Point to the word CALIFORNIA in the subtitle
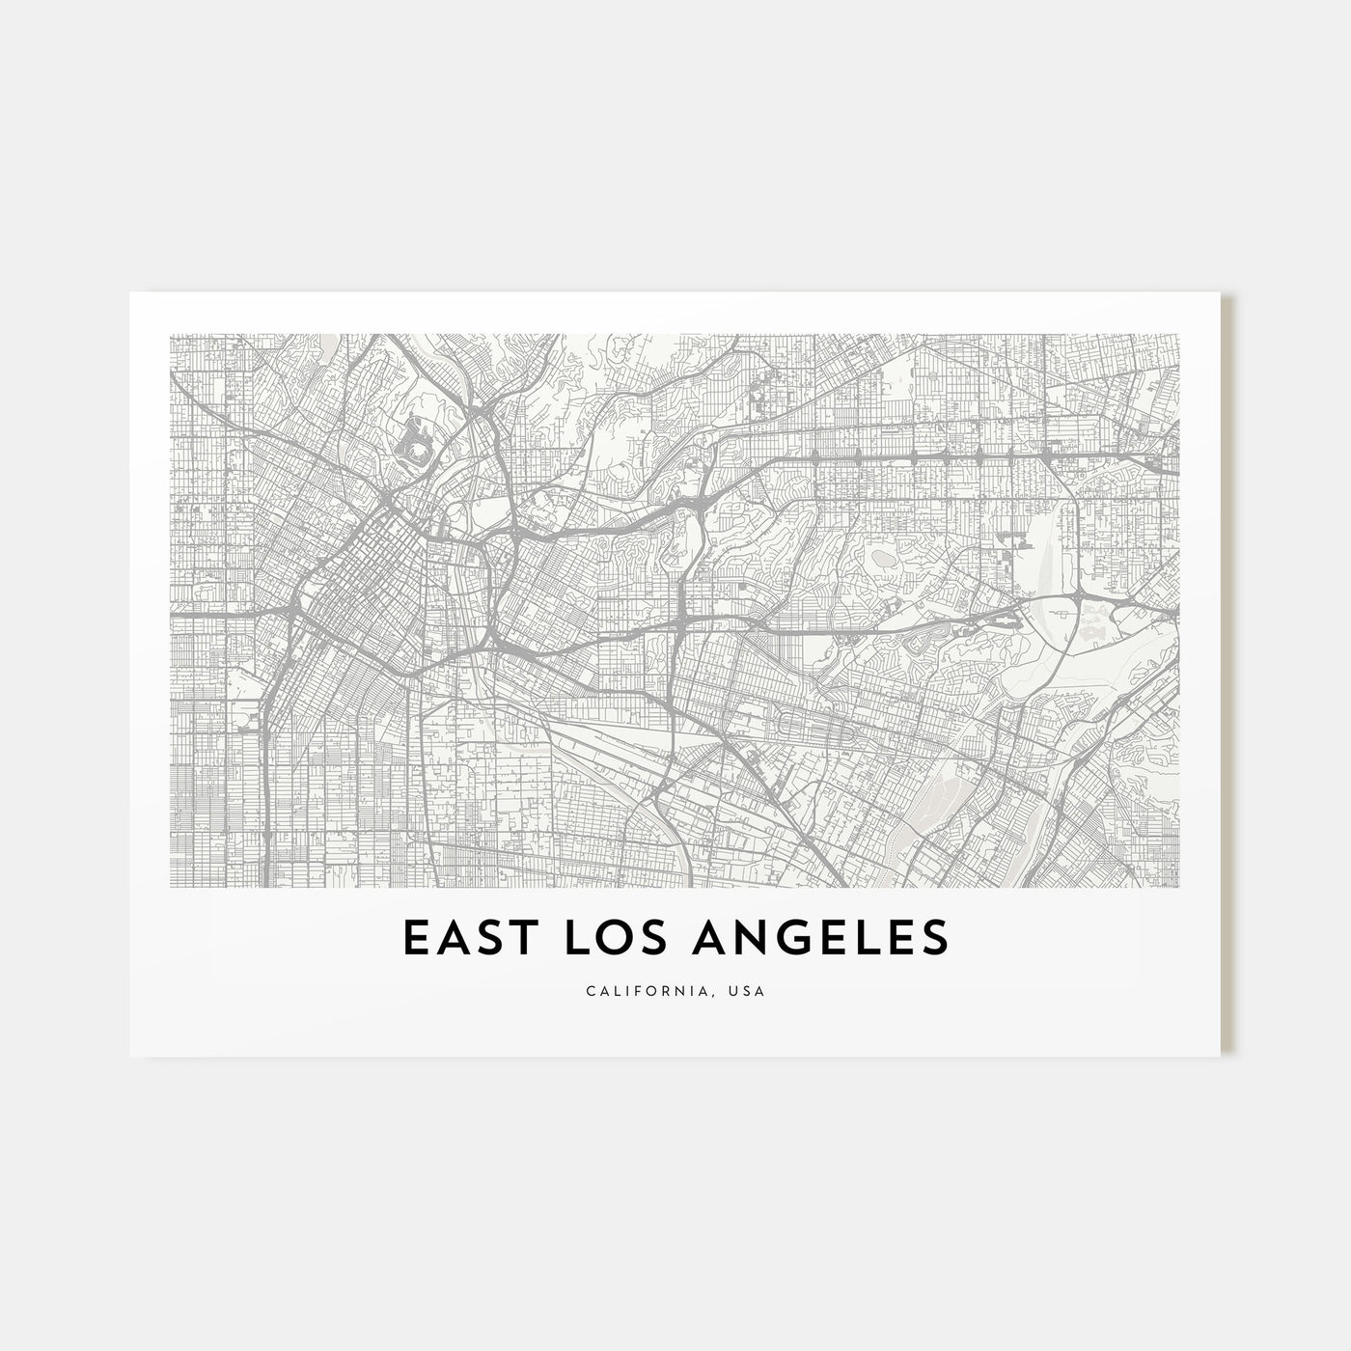coord(647,991)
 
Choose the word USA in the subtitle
coord(748,991)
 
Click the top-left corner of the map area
coord(171,335)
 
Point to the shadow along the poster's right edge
coord(1227,675)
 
